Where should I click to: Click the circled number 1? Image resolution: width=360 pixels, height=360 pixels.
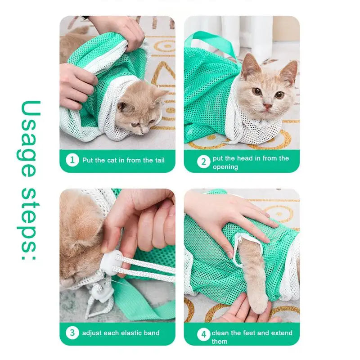point(72,160)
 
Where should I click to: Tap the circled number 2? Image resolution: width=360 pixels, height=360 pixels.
point(204,162)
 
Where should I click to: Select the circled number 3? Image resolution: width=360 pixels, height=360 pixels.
point(72,333)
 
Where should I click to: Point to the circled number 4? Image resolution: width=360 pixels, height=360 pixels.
point(204,335)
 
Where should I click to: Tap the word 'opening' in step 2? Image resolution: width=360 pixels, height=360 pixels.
point(225,167)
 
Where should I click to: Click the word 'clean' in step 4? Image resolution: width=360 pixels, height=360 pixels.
point(220,333)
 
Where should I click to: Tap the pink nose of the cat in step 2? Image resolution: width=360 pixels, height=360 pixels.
point(267,106)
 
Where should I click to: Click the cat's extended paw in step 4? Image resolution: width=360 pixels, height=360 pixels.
point(260,305)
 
